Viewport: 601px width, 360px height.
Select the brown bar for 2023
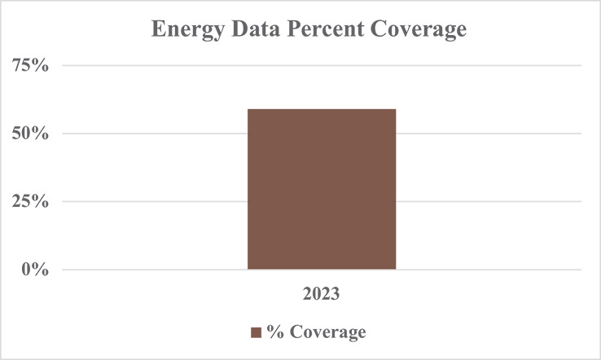[x=322, y=189]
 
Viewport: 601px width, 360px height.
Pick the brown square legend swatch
[x=255, y=333]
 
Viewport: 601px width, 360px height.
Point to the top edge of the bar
[x=322, y=109]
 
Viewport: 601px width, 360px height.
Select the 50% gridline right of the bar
[x=489, y=134]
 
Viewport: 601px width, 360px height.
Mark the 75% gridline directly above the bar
[x=322, y=66]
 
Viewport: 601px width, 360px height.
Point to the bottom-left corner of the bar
[x=248, y=268]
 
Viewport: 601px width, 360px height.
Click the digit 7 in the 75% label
[x=22, y=66]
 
